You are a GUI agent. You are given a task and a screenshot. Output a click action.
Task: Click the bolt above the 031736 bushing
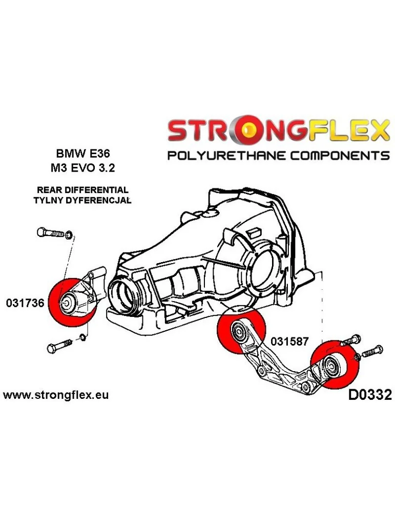point(51,232)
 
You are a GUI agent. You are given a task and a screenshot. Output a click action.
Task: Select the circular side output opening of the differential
point(267,266)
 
